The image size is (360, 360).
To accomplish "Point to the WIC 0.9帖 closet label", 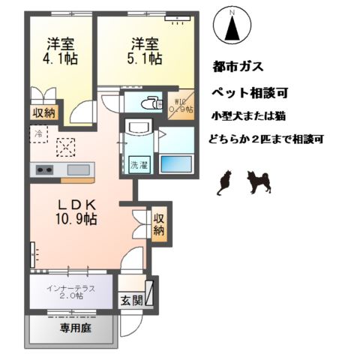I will point(180,107).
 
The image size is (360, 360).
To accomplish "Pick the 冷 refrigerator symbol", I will point(39,134).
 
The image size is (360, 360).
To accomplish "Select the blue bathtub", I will point(177,163).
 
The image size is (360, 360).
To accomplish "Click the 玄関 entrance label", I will point(130,301).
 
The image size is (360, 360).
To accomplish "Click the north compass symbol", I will point(232,25).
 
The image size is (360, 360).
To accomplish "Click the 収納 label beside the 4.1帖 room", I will point(43,112).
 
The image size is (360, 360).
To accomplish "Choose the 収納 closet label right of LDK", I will point(159,223).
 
